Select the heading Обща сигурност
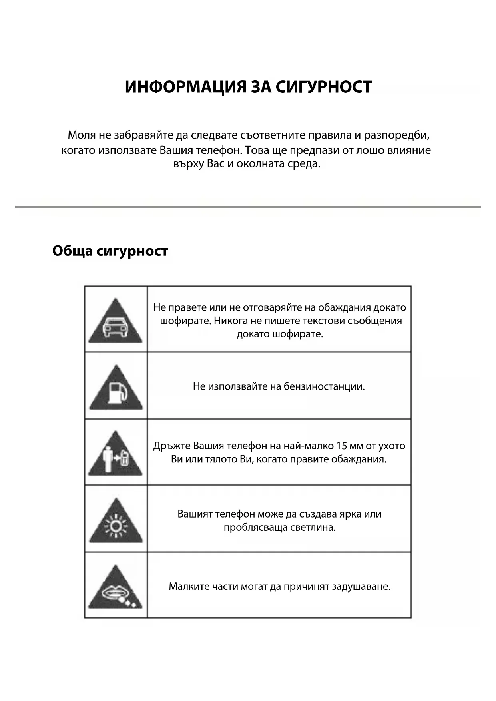[110, 251]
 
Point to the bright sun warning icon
[116, 522]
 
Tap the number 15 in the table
[341, 446]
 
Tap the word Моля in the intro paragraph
[82, 135]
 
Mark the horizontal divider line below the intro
[248, 207]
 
